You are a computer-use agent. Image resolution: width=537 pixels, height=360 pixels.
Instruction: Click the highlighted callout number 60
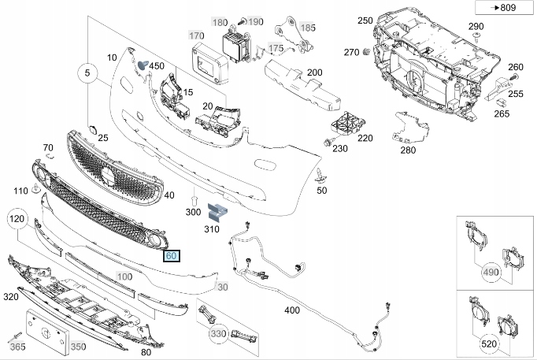click(171, 256)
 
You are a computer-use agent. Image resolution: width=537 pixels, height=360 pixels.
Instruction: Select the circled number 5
click(88, 76)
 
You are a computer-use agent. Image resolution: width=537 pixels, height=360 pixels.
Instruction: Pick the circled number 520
click(491, 344)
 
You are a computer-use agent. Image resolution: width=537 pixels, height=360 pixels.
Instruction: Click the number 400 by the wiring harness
click(292, 310)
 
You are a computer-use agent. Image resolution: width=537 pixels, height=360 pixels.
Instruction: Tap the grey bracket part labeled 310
click(217, 211)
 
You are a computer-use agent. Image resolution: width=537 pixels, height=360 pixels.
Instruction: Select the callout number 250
click(365, 20)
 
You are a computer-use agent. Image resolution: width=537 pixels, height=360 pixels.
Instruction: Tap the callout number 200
click(314, 72)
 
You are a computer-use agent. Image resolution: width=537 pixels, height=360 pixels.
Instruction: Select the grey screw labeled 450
click(143, 66)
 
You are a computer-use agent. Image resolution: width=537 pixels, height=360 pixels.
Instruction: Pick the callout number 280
click(408, 150)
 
